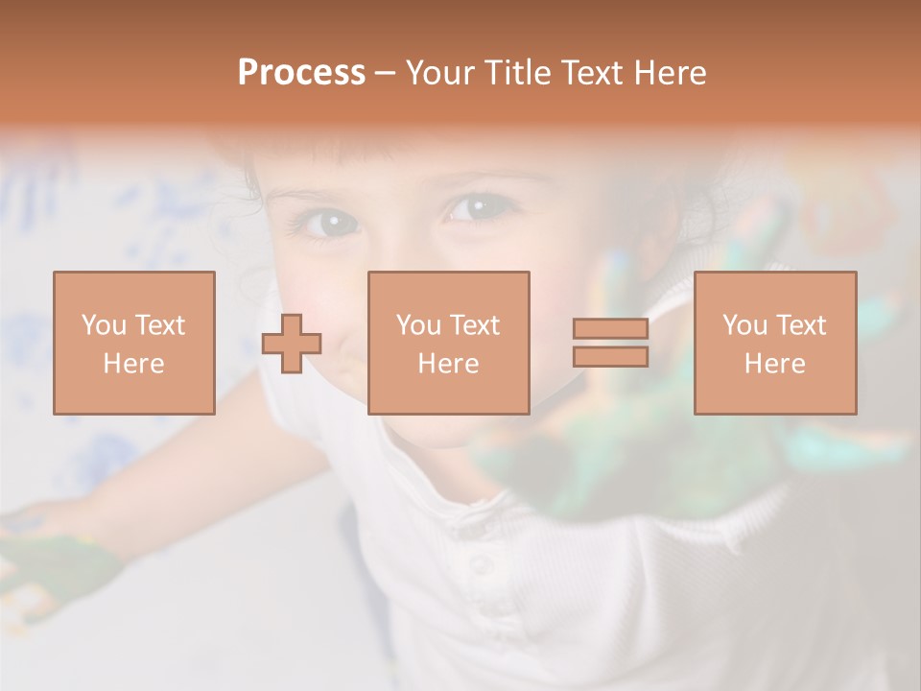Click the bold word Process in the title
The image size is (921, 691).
(x=301, y=73)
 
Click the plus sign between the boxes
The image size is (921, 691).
(x=292, y=344)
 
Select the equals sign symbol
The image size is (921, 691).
(x=610, y=343)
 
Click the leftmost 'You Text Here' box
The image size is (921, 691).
(x=134, y=343)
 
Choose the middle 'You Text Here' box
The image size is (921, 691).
(x=448, y=343)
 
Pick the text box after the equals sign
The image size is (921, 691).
(x=774, y=343)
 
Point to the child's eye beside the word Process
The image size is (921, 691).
(x=329, y=224)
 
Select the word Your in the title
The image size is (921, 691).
(x=441, y=73)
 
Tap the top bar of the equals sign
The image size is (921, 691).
(x=610, y=329)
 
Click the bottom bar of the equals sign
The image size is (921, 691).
(x=610, y=356)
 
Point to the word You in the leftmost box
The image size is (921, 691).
(x=104, y=325)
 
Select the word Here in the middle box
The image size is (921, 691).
(x=448, y=364)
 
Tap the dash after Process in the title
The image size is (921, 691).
(x=385, y=73)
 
